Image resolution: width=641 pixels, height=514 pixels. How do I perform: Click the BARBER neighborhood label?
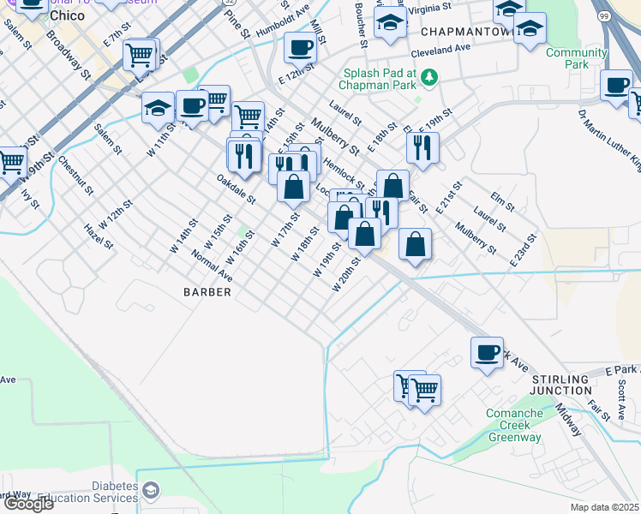click(x=207, y=292)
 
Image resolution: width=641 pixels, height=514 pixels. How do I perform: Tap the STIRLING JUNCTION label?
click(x=561, y=384)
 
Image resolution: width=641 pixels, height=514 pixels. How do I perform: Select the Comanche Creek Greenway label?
click(x=516, y=425)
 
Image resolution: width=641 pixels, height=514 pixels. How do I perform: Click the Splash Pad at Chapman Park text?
click(x=380, y=78)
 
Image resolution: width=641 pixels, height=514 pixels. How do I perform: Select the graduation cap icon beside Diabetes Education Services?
click(x=151, y=491)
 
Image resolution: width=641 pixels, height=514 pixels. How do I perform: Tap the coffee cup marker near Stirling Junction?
click(x=487, y=353)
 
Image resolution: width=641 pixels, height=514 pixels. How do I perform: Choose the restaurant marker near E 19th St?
click(x=422, y=146)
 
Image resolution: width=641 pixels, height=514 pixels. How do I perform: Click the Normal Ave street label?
click(x=212, y=266)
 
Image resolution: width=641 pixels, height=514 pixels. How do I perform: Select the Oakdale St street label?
click(x=236, y=188)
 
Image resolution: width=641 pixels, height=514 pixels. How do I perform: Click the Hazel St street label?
click(x=99, y=236)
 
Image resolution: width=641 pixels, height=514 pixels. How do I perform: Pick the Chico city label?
click(x=67, y=15)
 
